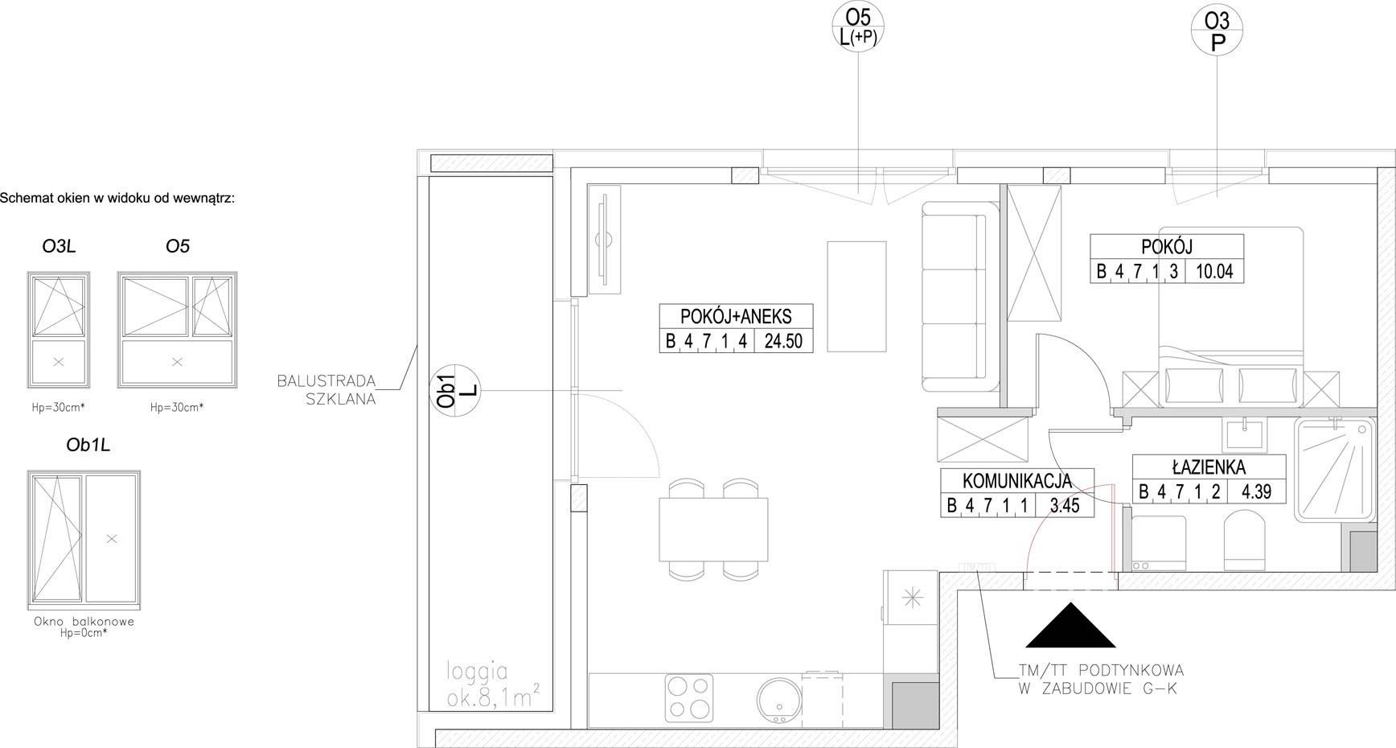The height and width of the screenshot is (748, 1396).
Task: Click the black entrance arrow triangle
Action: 1070,626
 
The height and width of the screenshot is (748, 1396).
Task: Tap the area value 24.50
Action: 783,341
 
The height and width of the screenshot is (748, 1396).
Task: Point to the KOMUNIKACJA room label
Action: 1017,481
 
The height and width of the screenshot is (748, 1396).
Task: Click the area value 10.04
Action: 1214,271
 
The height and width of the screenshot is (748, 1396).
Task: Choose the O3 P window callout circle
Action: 1217,31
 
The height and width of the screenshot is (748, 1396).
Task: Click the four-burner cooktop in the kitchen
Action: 690,697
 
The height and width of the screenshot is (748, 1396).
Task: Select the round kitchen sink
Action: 777,699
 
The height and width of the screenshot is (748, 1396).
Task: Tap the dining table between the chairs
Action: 712,529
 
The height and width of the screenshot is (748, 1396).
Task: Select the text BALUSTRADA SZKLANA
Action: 326,389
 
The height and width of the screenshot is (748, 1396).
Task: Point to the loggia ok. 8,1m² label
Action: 494,684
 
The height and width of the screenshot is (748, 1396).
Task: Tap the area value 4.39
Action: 1256,491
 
